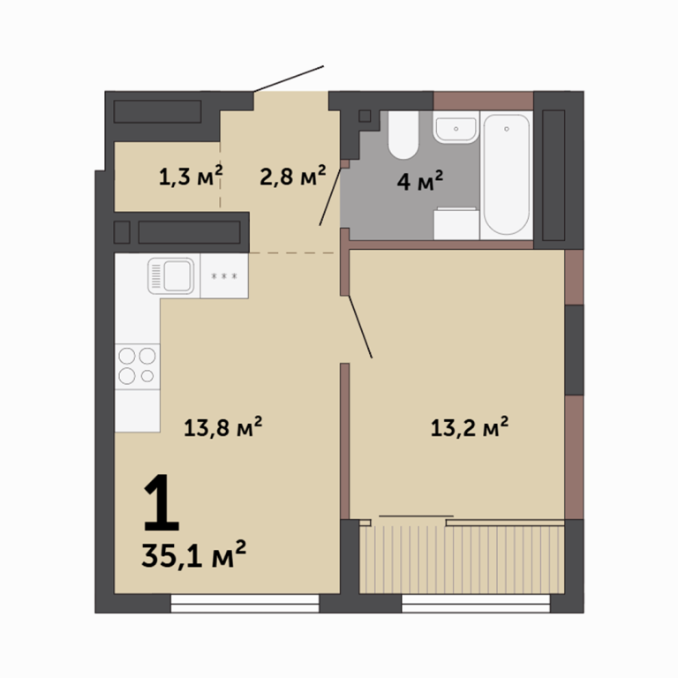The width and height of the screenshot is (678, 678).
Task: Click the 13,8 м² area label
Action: (223, 427)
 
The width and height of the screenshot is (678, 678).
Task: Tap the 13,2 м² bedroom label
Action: (470, 427)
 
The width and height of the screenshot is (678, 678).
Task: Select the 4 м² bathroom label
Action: (420, 181)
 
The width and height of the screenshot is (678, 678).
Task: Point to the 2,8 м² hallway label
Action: (293, 176)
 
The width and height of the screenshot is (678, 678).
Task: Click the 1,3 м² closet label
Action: (191, 176)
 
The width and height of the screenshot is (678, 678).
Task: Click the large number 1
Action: (161, 502)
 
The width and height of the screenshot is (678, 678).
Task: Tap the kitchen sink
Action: (170, 275)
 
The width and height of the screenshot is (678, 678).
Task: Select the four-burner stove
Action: (137, 366)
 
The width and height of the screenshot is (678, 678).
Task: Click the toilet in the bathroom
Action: (403, 135)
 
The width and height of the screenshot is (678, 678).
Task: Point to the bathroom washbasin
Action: (456, 127)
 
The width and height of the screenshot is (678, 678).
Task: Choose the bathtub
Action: (507, 175)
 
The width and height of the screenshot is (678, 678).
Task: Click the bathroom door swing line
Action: (330, 197)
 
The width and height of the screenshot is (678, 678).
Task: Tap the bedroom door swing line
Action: (360, 327)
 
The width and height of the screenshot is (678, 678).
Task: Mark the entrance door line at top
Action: (289, 79)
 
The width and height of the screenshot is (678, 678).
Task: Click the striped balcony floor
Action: (462, 560)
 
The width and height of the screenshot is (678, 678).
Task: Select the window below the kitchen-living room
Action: (245, 604)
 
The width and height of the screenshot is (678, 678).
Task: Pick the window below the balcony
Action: (476, 604)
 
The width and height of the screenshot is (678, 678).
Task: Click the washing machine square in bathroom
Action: (456, 223)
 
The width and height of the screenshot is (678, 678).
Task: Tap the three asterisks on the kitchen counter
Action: (224, 276)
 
